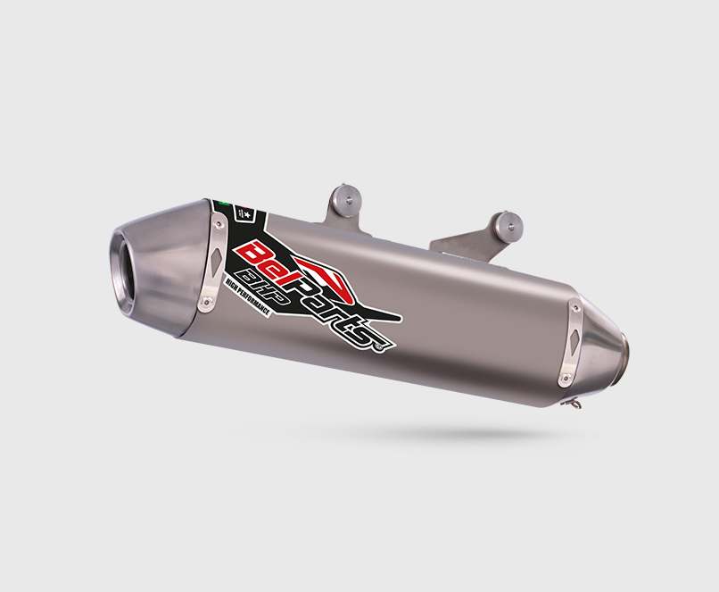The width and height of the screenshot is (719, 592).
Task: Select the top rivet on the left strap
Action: pos(219,212)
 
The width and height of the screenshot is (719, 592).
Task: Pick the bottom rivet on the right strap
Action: pos(564,381)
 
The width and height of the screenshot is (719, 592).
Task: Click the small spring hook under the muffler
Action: pos(576,403)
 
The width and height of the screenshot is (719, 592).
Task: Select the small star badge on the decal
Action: pos(249,215)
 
